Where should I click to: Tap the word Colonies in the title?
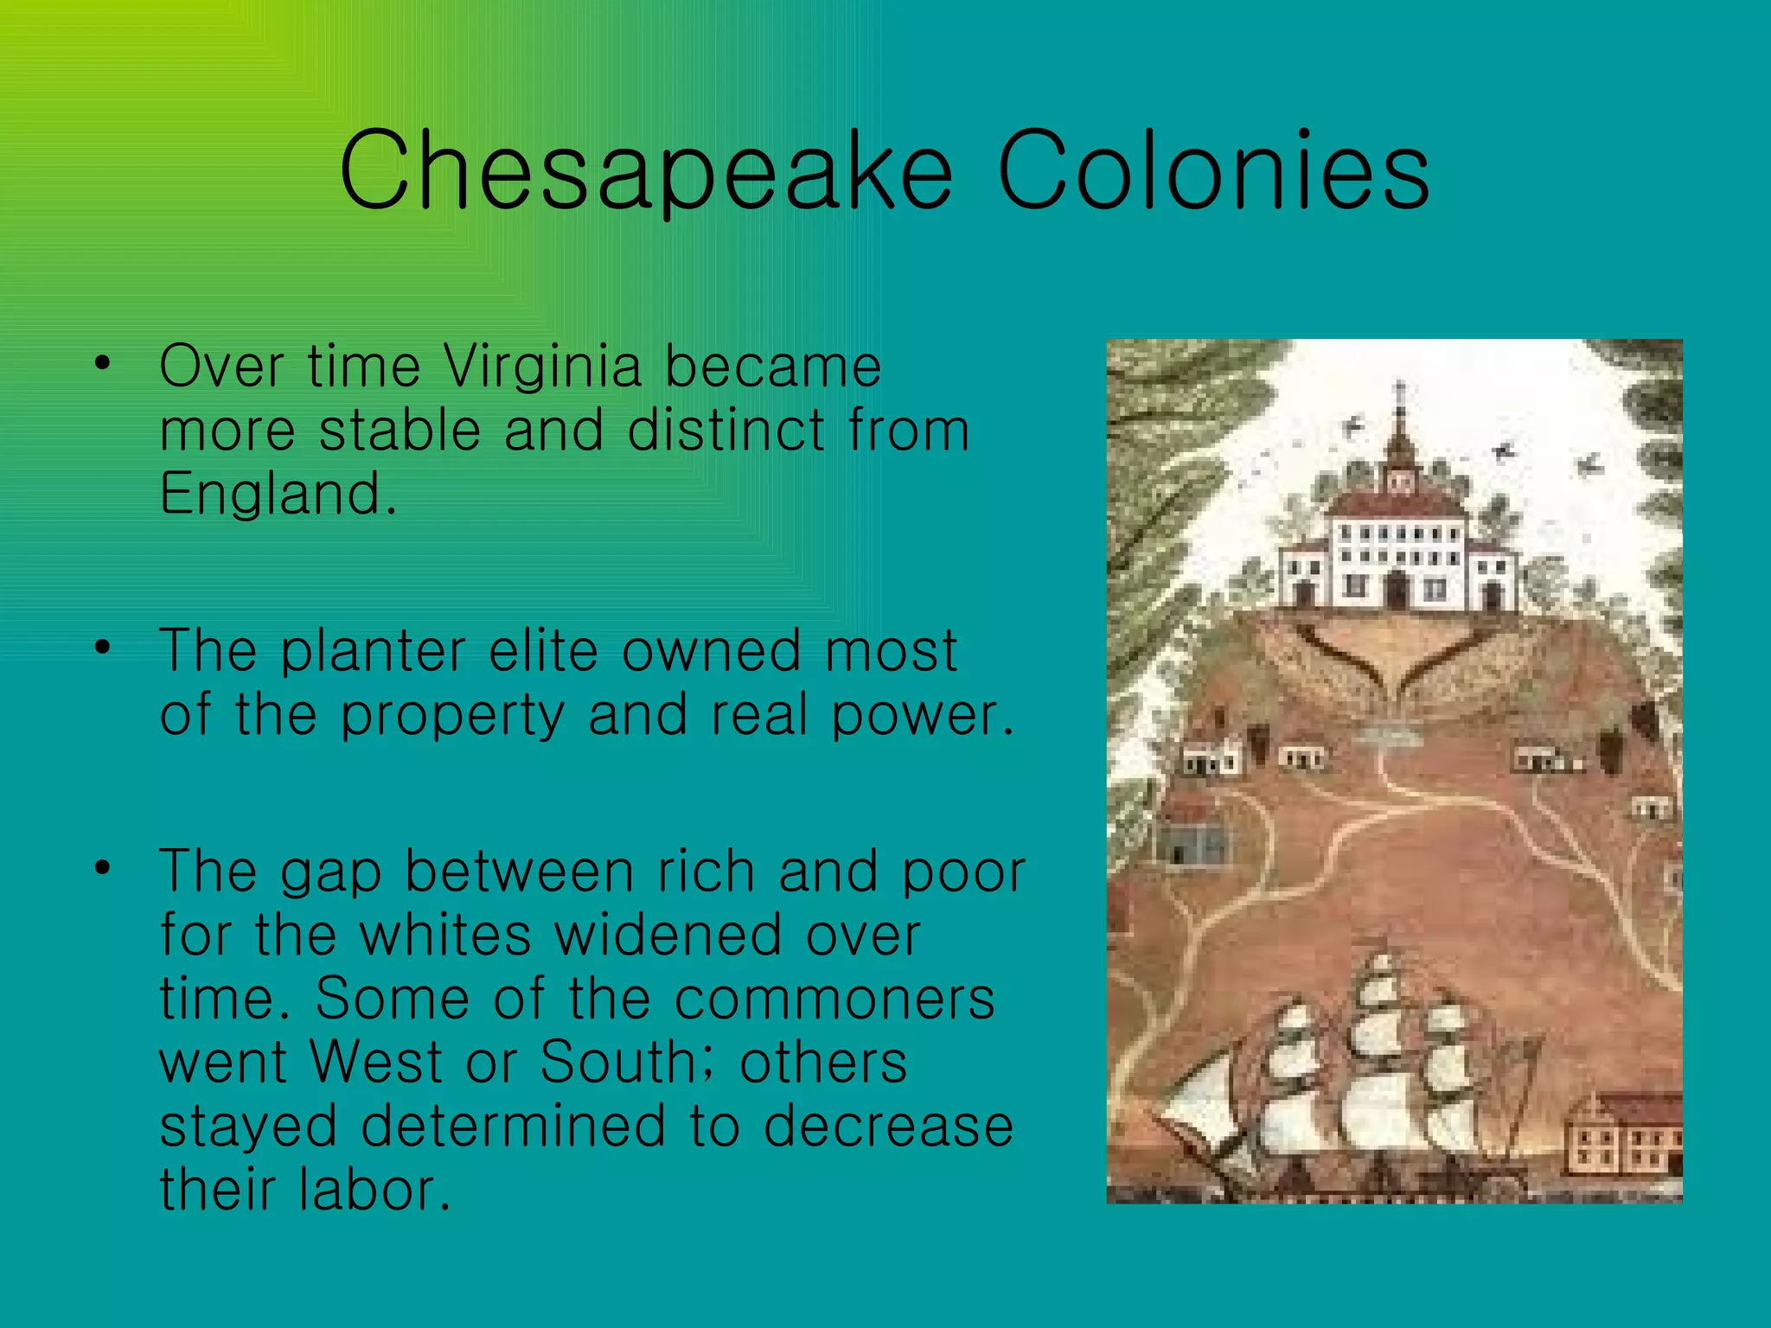(1213, 169)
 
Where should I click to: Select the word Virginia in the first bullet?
(542, 366)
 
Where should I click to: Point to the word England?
(278, 494)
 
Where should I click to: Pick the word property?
(452, 715)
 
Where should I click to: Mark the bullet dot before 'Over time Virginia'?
(103, 364)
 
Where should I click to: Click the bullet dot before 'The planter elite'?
(103, 648)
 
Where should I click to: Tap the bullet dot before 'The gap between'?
(103, 868)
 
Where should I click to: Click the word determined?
(514, 1126)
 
